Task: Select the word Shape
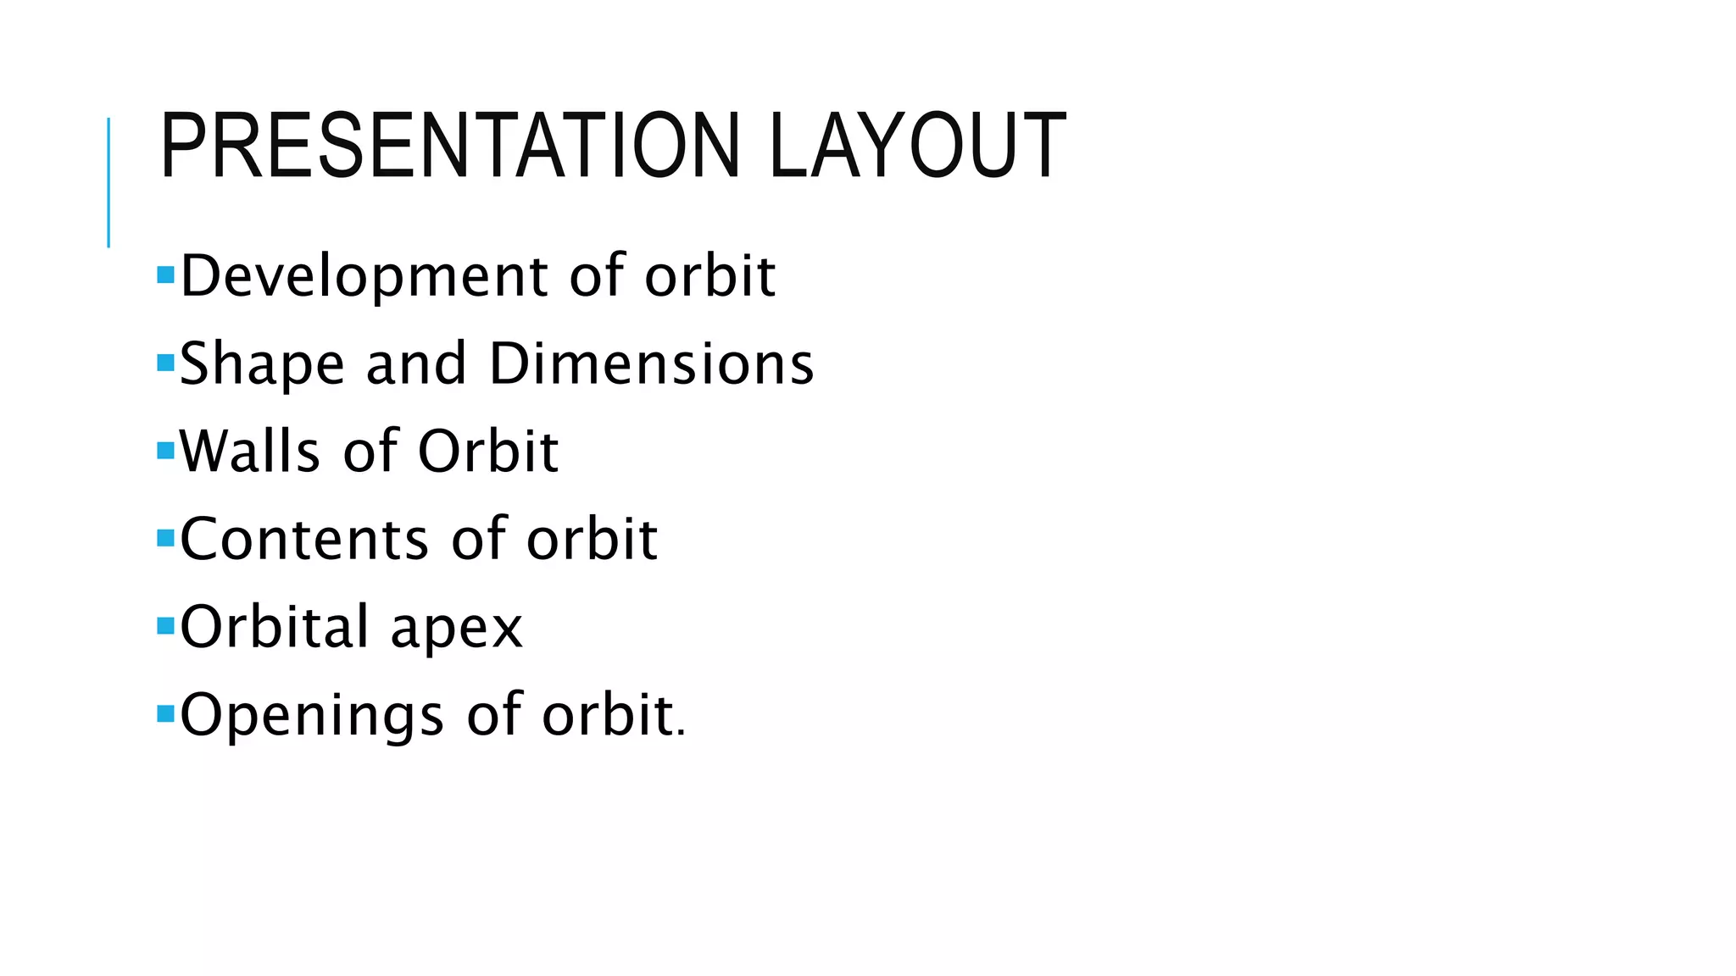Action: pos(262,365)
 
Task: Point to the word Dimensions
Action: pos(651,364)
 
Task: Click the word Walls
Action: pos(250,452)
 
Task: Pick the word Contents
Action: pos(304,540)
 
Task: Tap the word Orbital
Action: pos(275,627)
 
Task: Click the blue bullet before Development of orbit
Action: pos(165,274)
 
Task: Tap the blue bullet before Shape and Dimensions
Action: pos(165,363)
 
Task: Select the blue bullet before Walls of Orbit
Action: pos(165,450)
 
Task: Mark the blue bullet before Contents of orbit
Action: pos(165,538)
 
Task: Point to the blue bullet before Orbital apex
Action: pos(165,626)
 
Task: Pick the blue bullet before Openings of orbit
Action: pos(165,713)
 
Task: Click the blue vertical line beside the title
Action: pos(108,182)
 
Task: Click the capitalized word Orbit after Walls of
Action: pos(488,452)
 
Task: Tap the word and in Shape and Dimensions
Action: pos(416,364)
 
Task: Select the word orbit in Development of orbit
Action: pos(709,276)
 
